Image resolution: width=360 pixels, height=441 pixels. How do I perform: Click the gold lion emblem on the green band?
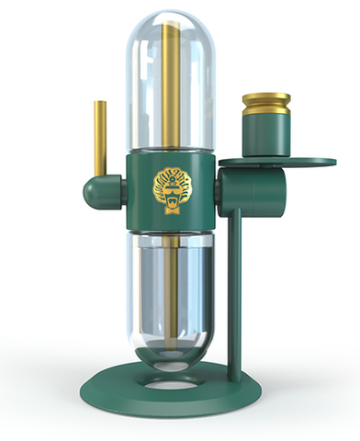(170, 187)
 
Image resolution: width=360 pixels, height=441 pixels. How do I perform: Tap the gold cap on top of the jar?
(265, 102)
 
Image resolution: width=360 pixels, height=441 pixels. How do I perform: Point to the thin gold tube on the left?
(97, 138)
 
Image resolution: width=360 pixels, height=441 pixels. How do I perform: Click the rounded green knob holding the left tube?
(97, 192)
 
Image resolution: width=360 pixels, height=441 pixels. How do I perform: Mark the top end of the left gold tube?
(97, 102)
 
